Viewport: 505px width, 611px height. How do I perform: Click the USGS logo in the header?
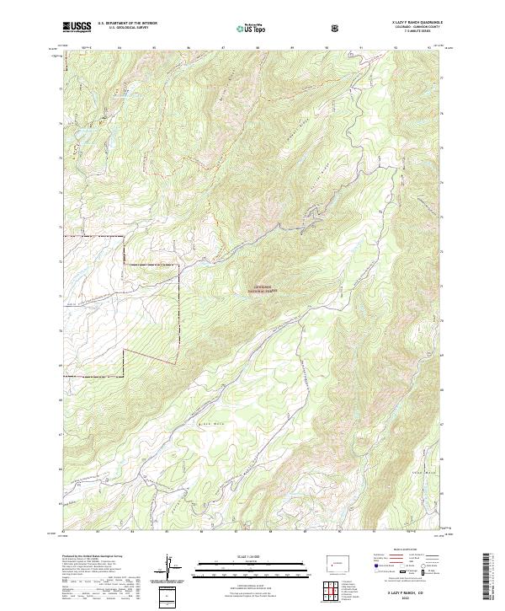coord(77,27)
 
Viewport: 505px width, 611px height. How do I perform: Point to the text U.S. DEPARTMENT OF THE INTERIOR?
coord(127,24)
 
